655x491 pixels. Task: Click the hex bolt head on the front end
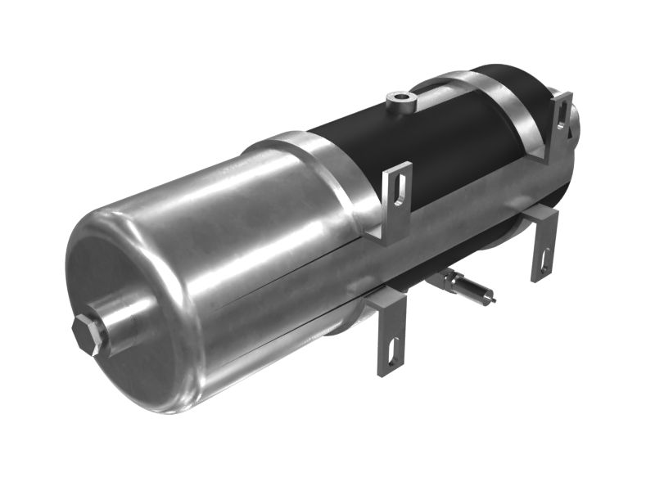point(88,333)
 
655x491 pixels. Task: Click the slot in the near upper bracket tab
point(399,187)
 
